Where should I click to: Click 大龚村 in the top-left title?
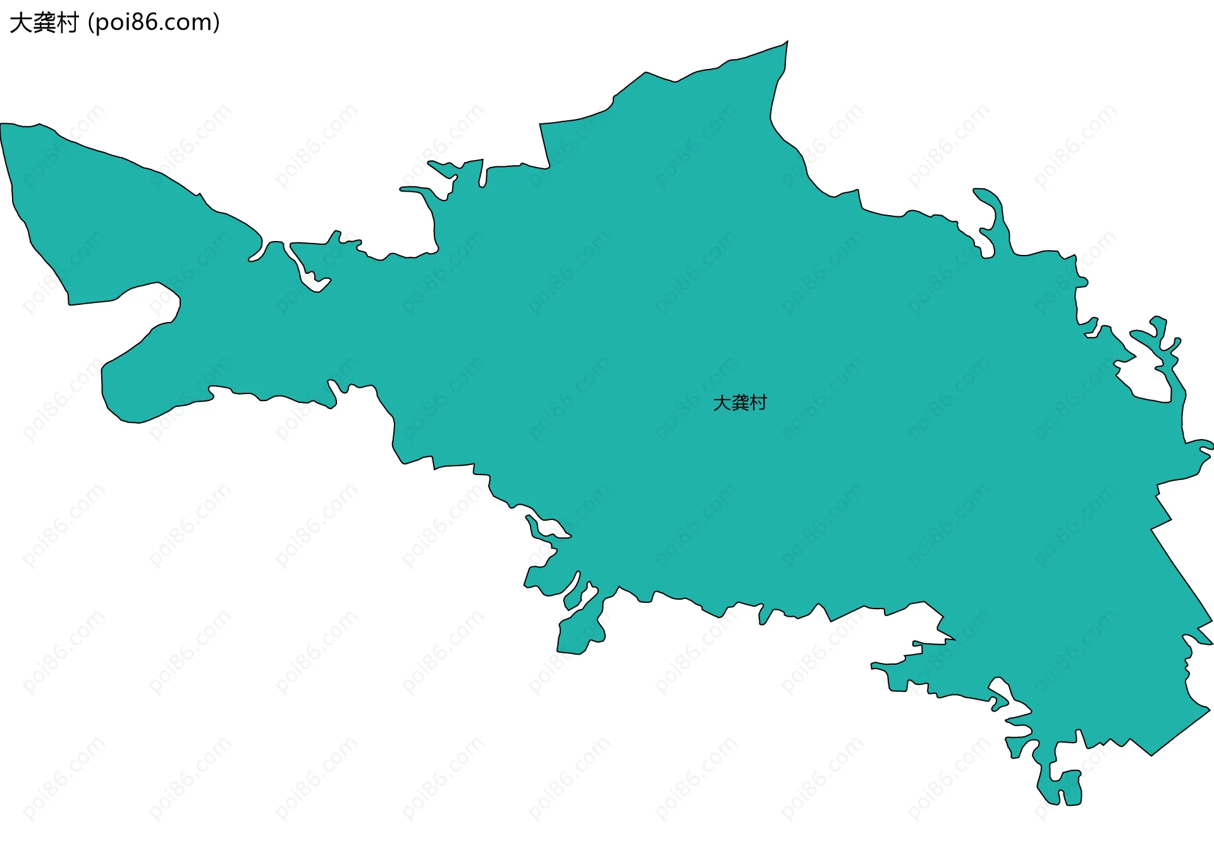click(x=44, y=23)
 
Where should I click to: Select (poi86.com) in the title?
click(x=154, y=23)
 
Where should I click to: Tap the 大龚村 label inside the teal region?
click(x=739, y=403)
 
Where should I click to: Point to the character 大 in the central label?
click(x=721, y=403)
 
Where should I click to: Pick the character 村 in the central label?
click(x=757, y=403)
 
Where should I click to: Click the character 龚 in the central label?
click(x=739, y=403)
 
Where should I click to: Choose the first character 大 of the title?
click(x=20, y=23)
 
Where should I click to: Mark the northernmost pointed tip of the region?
click(x=787, y=42)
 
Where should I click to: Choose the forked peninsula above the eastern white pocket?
click(x=1160, y=342)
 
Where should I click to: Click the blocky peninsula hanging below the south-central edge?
click(x=579, y=629)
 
